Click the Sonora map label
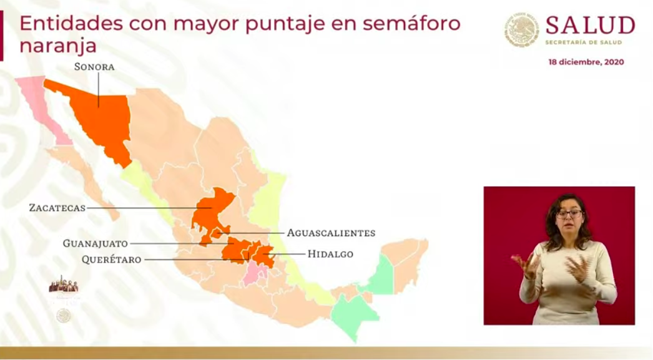pyautogui.click(x=94, y=66)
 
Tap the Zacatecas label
pyautogui.click(x=57, y=208)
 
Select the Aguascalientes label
pyautogui.click(x=331, y=233)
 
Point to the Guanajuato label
pyautogui.click(x=95, y=243)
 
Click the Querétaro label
pyautogui.click(x=111, y=259)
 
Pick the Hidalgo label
pyautogui.click(x=330, y=254)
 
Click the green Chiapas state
pyautogui.click(x=354, y=312)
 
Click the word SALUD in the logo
pyautogui.click(x=590, y=26)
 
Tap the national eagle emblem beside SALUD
pyautogui.click(x=521, y=30)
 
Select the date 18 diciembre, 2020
pyautogui.click(x=586, y=62)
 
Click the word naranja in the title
pyautogui.click(x=58, y=46)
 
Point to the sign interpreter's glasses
pyautogui.click(x=569, y=213)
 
